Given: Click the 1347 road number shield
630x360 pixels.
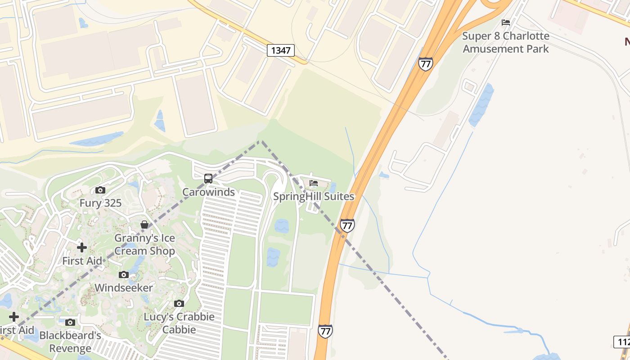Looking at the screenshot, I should pyautogui.click(x=281, y=50).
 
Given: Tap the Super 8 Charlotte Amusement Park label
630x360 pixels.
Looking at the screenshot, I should pyautogui.click(x=506, y=42).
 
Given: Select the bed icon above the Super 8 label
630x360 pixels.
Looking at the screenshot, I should pyautogui.click(x=506, y=22).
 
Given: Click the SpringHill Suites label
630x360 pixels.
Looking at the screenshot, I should pyautogui.click(x=314, y=197).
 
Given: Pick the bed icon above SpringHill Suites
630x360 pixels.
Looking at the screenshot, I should pyautogui.click(x=314, y=183).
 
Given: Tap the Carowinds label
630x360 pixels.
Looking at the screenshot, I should pyautogui.click(x=208, y=192).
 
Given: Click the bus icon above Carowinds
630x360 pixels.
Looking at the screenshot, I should pyautogui.click(x=208, y=179).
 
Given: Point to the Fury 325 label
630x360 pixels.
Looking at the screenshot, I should pyautogui.click(x=100, y=203).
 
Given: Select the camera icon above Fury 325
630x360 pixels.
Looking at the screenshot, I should pyautogui.click(x=100, y=190).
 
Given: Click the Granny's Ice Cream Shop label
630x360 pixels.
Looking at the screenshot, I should pyautogui.click(x=144, y=244).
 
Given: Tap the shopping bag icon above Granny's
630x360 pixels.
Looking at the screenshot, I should pyautogui.click(x=144, y=224).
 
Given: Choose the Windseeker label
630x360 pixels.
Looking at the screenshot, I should pyautogui.click(x=124, y=288).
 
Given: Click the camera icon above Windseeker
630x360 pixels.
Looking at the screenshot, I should pyautogui.click(x=124, y=274).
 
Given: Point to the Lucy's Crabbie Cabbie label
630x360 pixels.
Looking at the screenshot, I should pyautogui.click(x=179, y=323).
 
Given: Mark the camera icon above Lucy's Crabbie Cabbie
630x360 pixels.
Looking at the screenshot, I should pyautogui.click(x=179, y=304).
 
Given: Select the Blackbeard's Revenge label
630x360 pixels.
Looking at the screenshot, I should pyautogui.click(x=70, y=342).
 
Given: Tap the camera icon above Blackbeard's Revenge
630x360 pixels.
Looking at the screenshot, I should pyautogui.click(x=70, y=323).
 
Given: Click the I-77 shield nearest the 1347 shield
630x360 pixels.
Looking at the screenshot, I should pyautogui.click(x=425, y=64).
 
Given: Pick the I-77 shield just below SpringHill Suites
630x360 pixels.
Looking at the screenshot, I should pyautogui.click(x=347, y=225).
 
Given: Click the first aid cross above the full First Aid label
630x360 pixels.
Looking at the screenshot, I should pyautogui.click(x=82, y=247).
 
